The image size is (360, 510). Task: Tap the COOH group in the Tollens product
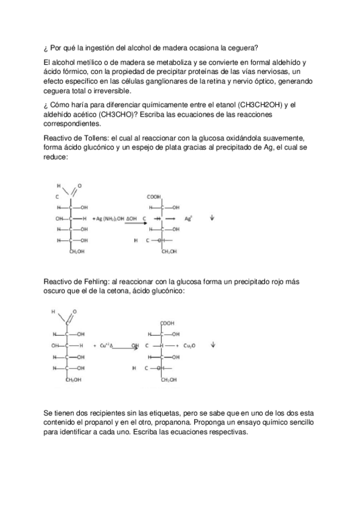pos(154,197)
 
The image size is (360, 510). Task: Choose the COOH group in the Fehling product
pos(168,323)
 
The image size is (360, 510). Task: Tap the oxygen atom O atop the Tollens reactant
pos(80,186)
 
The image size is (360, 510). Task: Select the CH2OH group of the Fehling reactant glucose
pos(74,379)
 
